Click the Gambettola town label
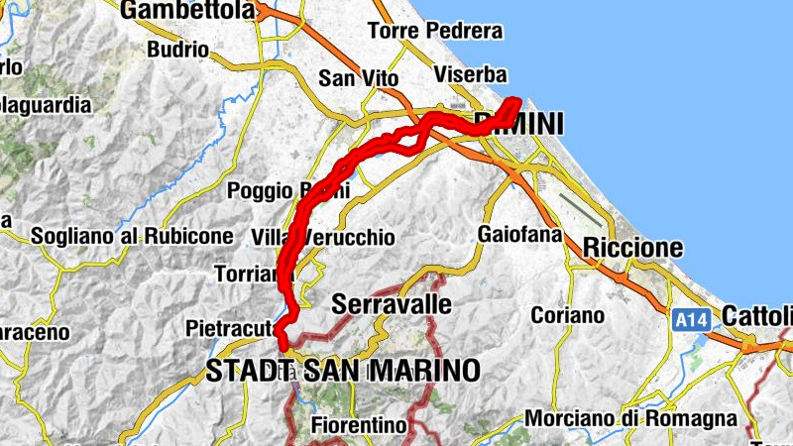(185, 11)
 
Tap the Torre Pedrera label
(434, 31)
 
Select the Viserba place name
(471, 75)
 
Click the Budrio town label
(176, 49)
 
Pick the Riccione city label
(633, 247)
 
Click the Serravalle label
(393, 303)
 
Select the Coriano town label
(567, 315)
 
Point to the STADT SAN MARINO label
(343, 371)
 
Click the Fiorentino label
(359, 425)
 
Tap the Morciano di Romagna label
(630, 418)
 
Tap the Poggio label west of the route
(260, 190)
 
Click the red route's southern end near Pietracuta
(283, 345)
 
